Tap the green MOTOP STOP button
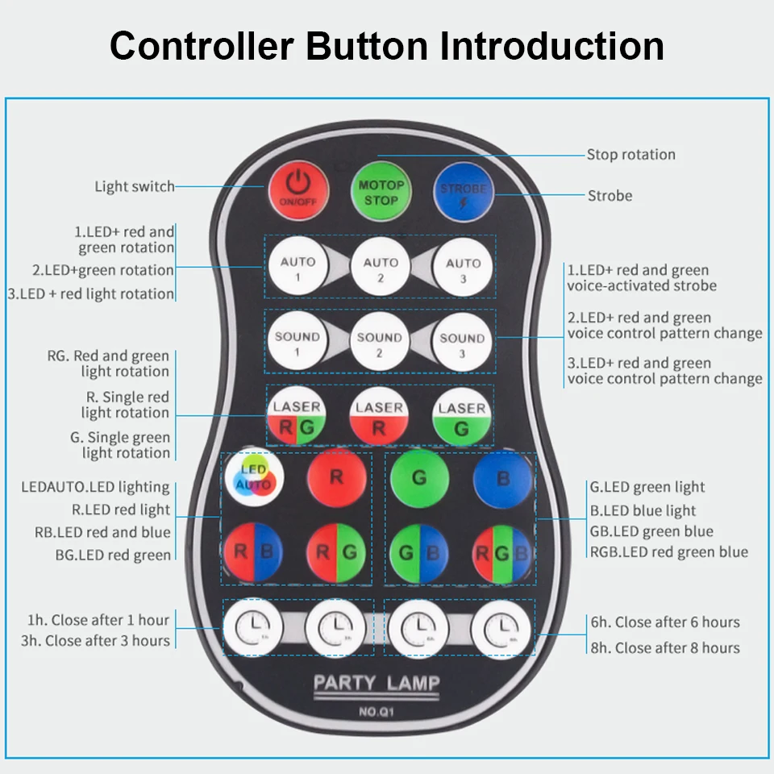pyautogui.click(x=381, y=192)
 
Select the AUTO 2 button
pyautogui.click(x=381, y=268)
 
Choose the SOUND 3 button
pyautogui.click(x=462, y=343)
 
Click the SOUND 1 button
pyautogui.click(x=297, y=343)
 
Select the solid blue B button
pyautogui.click(x=503, y=478)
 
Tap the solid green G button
pyautogui.click(x=419, y=478)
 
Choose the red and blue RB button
pyautogui.click(x=253, y=553)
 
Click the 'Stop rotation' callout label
pyautogui.click(x=630, y=155)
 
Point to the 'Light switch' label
pyautogui.click(x=135, y=187)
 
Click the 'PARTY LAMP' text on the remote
pyautogui.click(x=377, y=684)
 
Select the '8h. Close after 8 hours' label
pyautogui.click(x=665, y=647)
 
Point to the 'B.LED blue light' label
pyautogui.click(x=643, y=510)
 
